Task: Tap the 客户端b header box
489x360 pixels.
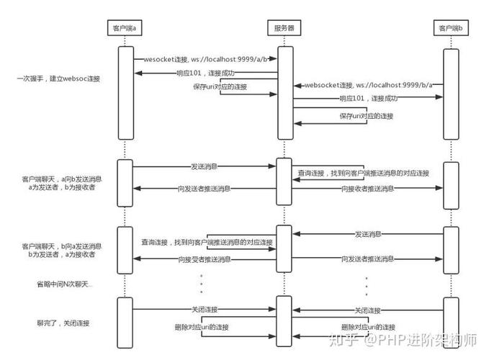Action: coord(452,28)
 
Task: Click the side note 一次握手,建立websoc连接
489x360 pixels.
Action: coord(58,77)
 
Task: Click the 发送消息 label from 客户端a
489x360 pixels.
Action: coord(204,166)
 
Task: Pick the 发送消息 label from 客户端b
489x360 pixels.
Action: coord(367,234)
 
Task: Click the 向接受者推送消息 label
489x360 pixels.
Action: coord(204,259)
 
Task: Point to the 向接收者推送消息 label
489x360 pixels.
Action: coord(367,189)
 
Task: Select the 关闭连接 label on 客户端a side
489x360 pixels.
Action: coord(204,310)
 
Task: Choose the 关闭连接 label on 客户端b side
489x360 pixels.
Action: coord(367,310)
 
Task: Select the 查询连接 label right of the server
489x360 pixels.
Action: coord(363,174)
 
